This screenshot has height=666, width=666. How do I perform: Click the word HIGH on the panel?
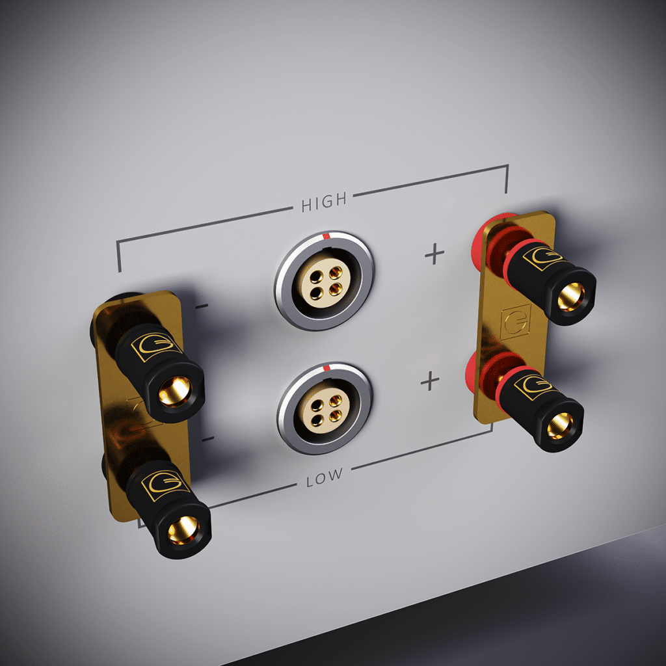[324, 202]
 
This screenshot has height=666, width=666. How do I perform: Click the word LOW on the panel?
[323, 477]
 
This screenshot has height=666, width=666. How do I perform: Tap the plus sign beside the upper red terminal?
[434, 254]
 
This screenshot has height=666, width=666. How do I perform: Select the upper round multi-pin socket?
[324, 280]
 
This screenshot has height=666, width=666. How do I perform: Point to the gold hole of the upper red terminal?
[570, 297]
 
